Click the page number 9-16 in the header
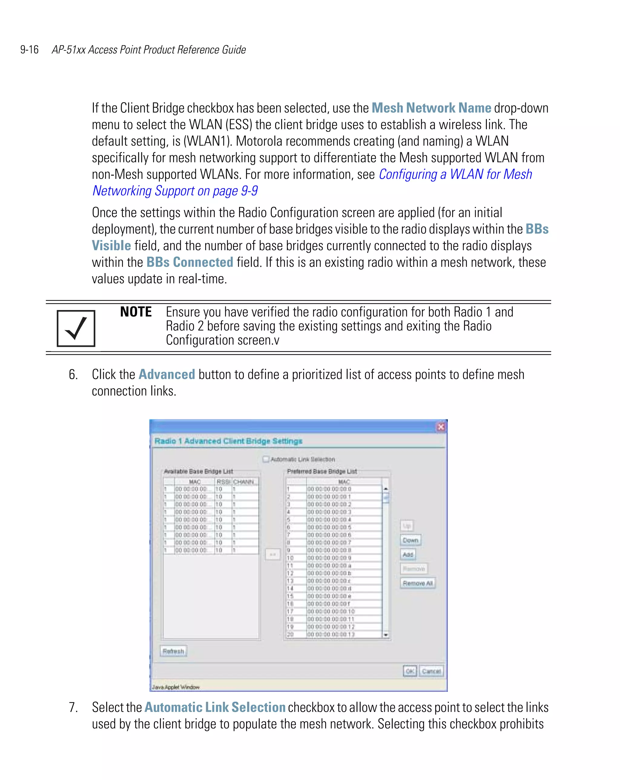pyautogui.click(x=29, y=50)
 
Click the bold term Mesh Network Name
pyautogui.click(x=431, y=108)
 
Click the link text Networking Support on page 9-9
pyautogui.click(x=175, y=191)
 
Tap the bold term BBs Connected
pyautogui.click(x=190, y=262)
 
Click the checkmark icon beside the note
pyautogui.click(x=76, y=328)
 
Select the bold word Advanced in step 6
pyautogui.click(x=167, y=374)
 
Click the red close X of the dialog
pyautogui.click(x=441, y=427)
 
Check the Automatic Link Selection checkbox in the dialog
pyautogui.click(x=266, y=459)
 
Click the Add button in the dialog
pyautogui.click(x=408, y=554)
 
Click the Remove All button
pyautogui.click(x=417, y=583)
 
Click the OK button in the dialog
pyautogui.click(x=410, y=671)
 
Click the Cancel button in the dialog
pyautogui.click(x=431, y=671)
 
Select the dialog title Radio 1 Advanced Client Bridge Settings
pyautogui.click(x=228, y=441)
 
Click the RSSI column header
pyautogui.click(x=223, y=482)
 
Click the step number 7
pyautogui.click(x=73, y=707)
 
